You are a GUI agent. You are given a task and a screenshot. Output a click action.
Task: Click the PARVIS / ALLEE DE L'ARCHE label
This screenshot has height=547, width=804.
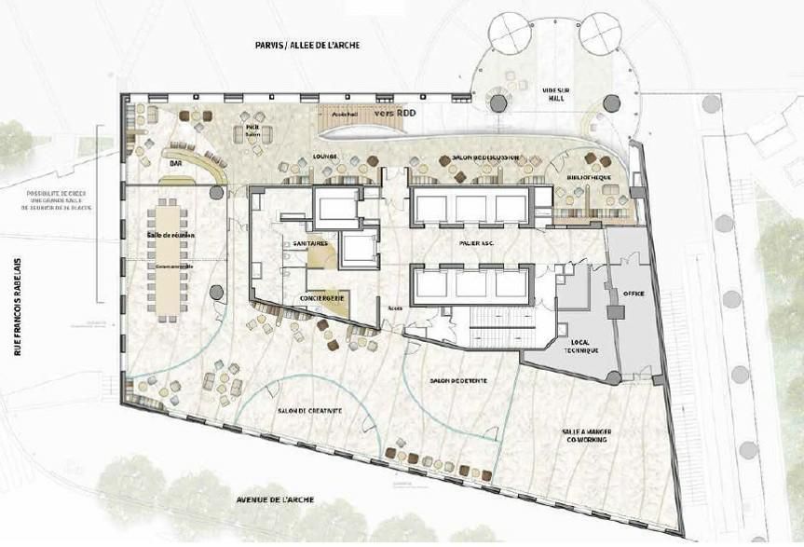[x=307, y=45]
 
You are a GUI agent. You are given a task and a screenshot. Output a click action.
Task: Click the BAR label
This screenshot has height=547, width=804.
[x=174, y=164]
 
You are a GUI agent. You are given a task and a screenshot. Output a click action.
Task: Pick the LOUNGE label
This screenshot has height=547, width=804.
[x=325, y=157]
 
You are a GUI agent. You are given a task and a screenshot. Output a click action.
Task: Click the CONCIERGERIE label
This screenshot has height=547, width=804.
[x=323, y=298]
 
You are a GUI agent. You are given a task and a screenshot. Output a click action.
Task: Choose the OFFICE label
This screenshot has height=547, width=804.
[x=634, y=293]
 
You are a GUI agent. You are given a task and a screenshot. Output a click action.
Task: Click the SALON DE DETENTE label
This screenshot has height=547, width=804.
[x=459, y=382]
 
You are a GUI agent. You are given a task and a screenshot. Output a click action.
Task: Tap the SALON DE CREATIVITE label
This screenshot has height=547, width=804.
[x=309, y=411]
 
